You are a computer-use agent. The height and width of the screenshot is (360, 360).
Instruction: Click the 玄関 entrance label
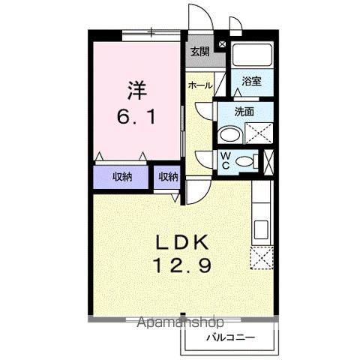pyautogui.click(x=199, y=52)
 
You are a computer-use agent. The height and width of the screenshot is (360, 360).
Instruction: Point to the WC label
pyautogui.click(x=224, y=160)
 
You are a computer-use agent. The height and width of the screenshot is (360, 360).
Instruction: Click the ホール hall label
pyautogui.click(x=200, y=85)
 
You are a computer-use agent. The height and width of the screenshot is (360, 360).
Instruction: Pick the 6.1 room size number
pyautogui.click(x=137, y=118)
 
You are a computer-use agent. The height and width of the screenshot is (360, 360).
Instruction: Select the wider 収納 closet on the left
pyautogui.click(x=124, y=177)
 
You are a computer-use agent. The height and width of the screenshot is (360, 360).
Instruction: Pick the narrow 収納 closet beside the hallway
pyautogui.click(x=168, y=177)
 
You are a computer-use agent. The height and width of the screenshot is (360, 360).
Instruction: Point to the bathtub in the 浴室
pyautogui.click(x=250, y=56)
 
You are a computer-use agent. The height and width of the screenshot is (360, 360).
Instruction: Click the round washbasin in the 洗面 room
pyautogui.click(x=229, y=135)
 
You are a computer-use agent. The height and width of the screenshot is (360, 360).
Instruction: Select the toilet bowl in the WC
pyautogui.click(x=244, y=160)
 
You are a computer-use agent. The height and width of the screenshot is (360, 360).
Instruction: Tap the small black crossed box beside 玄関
pyautogui.click(x=220, y=45)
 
